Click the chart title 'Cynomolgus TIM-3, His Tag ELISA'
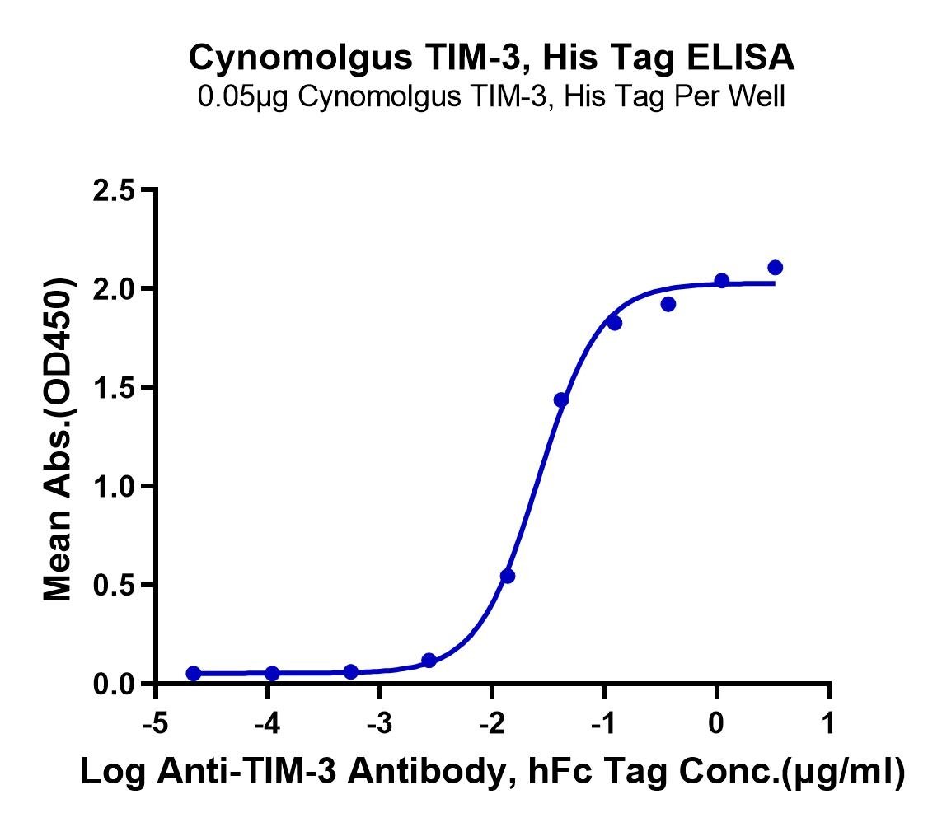pyautogui.click(x=491, y=58)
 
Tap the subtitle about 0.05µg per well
pyautogui.click(x=491, y=96)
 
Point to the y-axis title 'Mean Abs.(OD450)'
pyautogui.click(x=58, y=440)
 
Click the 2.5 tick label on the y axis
pyautogui.click(x=115, y=190)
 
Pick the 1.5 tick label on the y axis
pyautogui.click(x=115, y=387)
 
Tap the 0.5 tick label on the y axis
pyautogui.click(x=115, y=585)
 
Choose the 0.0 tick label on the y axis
pyautogui.click(x=115, y=684)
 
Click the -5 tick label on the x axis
pyautogui.click(x=156, y=724)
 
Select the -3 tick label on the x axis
pyautogui.click(x=380, y=724)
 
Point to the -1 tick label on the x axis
pyautogui.click(x=604, y=724)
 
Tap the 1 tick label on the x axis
pyautogui.click(x=829, y=724)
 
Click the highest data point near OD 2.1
pyautogui.click(x=775, y=267)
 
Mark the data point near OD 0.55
pyautogui.click(x=508, y=576)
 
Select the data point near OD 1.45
pyautogui.click(x=561, y=400)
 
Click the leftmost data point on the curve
pyautogui.click(x=194, y=673)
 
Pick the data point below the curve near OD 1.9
pyautogui.click(x=668, y=305)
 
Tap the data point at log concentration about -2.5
pyautogui.click(x=429, y=661)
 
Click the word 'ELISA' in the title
pyautogui.click(x=740, y=58)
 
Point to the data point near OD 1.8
pyautogui.click(x=615, y=323)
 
